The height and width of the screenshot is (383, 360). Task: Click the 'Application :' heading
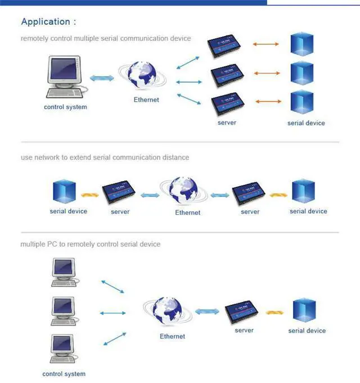pos(48,22)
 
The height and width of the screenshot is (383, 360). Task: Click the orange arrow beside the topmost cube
pos(266,44)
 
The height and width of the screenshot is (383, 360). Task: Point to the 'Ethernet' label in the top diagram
pos(146,100)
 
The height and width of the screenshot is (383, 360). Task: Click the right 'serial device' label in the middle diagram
pos(308,211)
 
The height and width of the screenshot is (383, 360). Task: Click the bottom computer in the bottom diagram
pos(64,349)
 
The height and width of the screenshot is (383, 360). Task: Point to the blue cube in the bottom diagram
pos(304,311)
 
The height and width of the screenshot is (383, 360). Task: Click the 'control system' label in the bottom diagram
pos(64,374)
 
